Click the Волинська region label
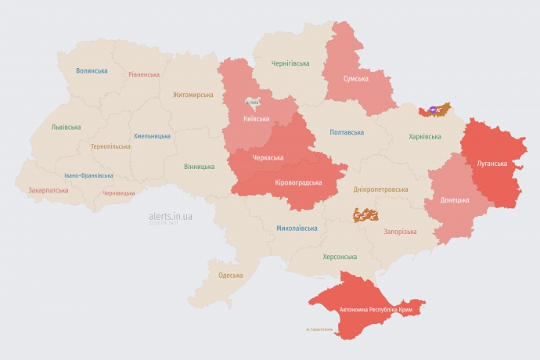[92, 70]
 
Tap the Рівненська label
[144, 74]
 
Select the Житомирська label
[193, 94]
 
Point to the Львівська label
[66, 126]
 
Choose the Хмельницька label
[152, 135]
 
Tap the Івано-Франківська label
[88, 175]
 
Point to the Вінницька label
[199, 167]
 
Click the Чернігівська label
[290, 63]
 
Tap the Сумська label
[356, 78]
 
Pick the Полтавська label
[347, 131]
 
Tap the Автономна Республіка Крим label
[375, 310]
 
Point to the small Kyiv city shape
[253, 103]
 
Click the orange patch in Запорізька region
[365, 214]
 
